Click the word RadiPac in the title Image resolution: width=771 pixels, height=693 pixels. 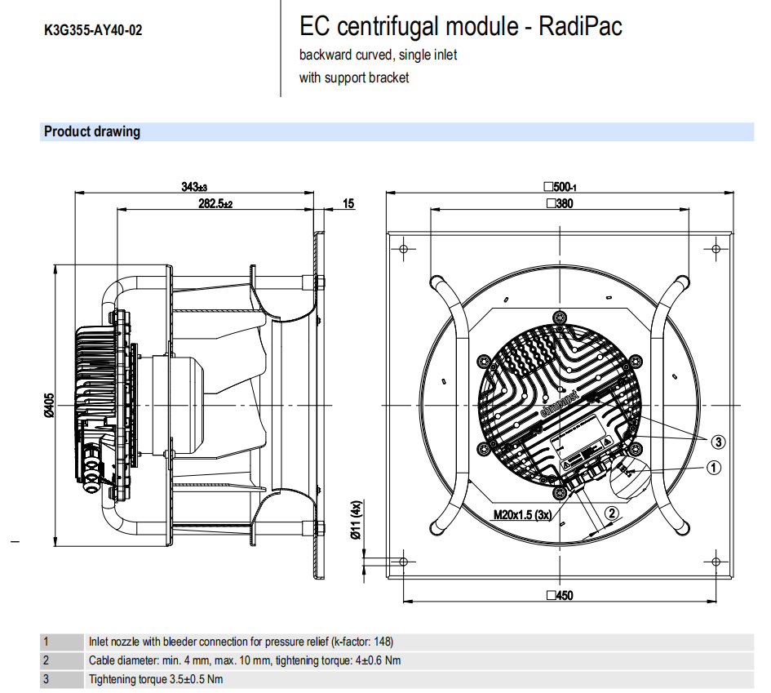coord(582,27)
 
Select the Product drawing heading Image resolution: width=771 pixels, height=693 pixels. coord(92,131)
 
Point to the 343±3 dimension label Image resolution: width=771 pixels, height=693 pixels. coord(194,187)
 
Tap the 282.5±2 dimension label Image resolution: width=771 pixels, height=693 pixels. coord(215,203)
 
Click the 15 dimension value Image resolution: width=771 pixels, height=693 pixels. coord(348,203)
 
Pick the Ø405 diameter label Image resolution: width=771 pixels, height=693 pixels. coord(48,405)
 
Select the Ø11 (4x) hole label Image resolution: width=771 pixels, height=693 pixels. coord(356,520)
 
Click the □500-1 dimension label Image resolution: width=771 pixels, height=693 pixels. coord(560,187)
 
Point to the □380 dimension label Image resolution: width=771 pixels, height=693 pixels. coord(560,204)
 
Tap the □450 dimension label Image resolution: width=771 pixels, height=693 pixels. coord(560,595)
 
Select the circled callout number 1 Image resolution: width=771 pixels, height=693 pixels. coord(713,468)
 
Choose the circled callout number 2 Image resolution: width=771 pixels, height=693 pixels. coord(612,513)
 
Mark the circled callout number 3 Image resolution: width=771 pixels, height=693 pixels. coord(717,442)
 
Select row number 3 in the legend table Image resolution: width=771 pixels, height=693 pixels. coord(47,678)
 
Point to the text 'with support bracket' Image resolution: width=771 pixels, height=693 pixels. coord(354,78)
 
